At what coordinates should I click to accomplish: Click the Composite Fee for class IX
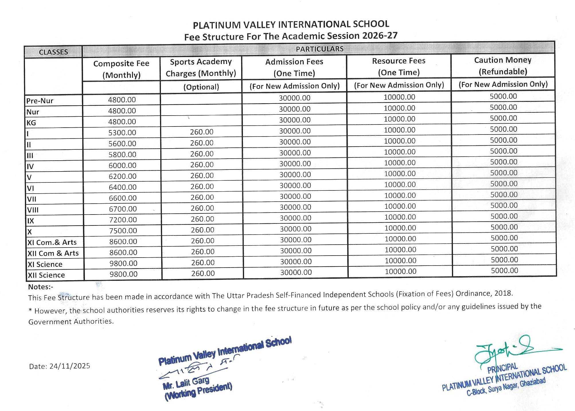pyautogui.click(x=123, y=220)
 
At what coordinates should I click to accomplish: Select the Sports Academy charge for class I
pyautogui.click(x=202, y=132)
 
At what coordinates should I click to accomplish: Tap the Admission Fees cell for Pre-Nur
pyautogui.click(x=295, y=98)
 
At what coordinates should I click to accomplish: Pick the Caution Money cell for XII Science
pyautogui.click(x=504, y=270)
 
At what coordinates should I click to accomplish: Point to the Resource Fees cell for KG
pyautogui.click(x=399, y=119)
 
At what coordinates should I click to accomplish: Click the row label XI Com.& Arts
pyautogui.click(x=52, y=243)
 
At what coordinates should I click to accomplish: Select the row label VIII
pyautogui.click(x=33, y=210)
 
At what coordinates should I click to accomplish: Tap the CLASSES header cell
pyautogui.click(x=53, y=52)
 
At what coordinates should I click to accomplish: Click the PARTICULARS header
pyautogui.click(x=319, y=49)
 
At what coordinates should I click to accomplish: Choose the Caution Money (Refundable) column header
pyautogui.click(x=503, y=66)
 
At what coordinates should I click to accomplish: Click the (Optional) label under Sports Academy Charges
pyautogui.click(x=201, y=87)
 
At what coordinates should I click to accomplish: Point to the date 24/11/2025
pyautogui.click(x=70, y=366)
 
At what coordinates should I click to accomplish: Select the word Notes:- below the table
pyautogui.click(x=40, y=287)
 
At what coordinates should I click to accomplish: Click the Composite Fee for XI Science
pyautogui.click(x=123, y=263)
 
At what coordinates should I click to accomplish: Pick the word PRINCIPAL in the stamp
pyautogui.click(x=502, y=368)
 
